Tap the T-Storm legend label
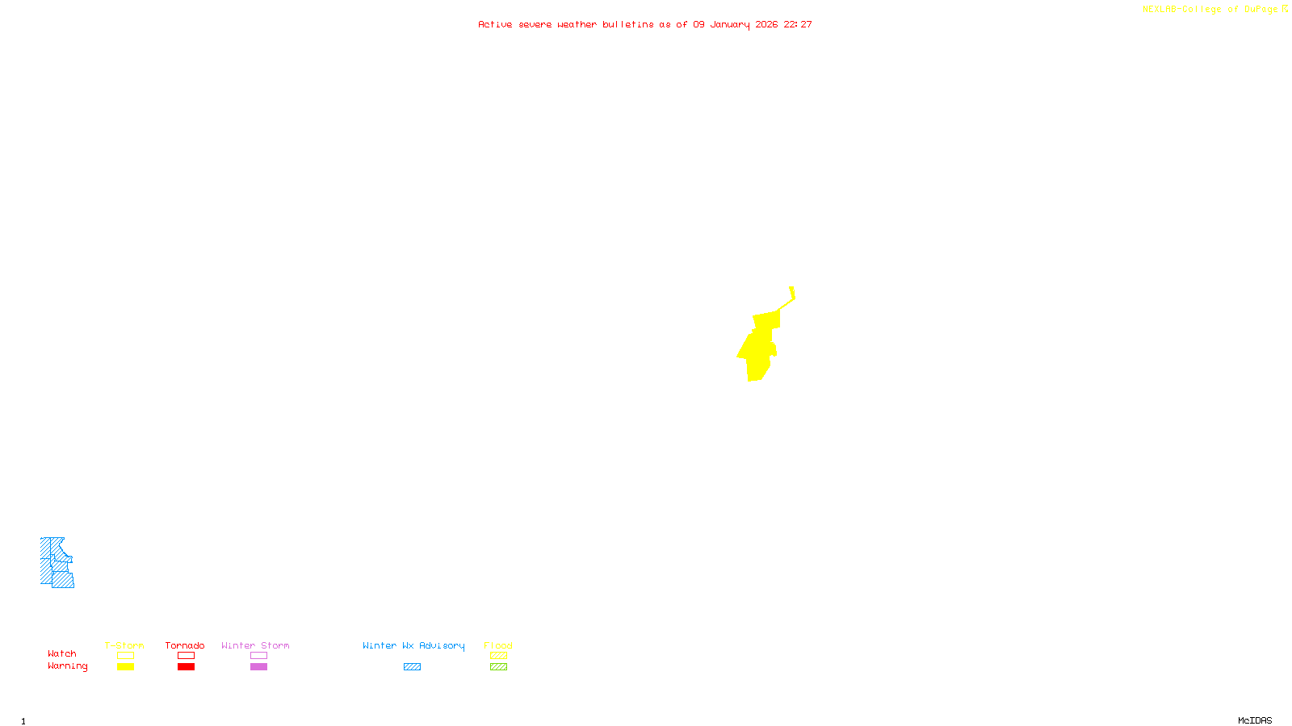[124, 645]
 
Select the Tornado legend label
[185, 645]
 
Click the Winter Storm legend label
[255, 645]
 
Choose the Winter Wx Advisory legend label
[413, 645]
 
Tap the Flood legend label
[498, 645]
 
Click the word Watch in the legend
[62, 653]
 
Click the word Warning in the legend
[67, 666]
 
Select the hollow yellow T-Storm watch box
[125, 656]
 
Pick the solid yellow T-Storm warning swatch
[125, 667]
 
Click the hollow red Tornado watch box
[186, 656]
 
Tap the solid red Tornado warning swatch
[186, 667]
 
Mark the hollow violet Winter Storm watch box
[258, 656]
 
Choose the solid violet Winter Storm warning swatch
[258, 667]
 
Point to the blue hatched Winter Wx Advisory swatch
[412, 667]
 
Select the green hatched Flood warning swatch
[498, 667]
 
